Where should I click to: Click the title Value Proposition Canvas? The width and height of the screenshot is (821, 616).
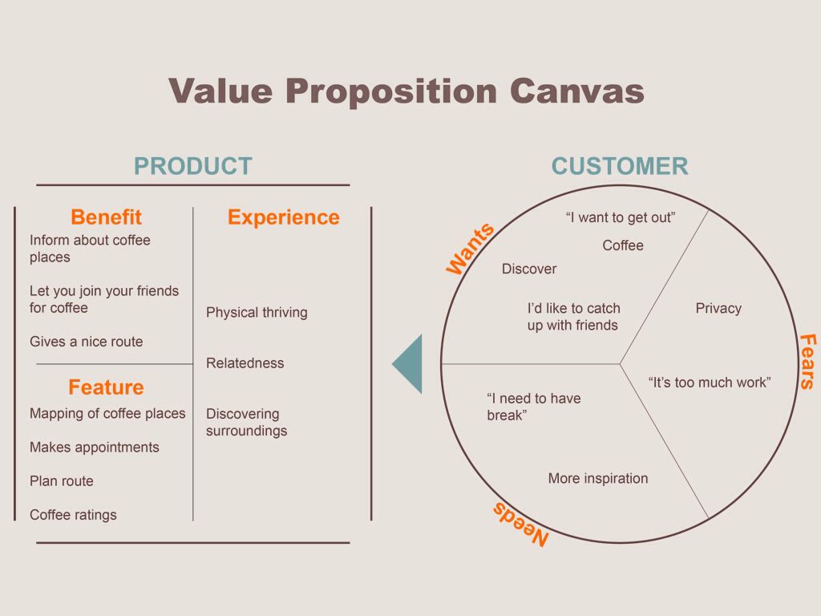pos(406,91)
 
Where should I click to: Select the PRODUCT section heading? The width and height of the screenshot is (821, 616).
pos(193,166)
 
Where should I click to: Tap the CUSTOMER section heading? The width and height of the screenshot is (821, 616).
pos(620,166)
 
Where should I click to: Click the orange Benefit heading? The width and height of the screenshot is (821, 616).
pos(107,217)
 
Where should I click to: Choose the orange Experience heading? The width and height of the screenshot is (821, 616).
pos(284,217)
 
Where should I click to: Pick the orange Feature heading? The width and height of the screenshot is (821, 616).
pos(107,387)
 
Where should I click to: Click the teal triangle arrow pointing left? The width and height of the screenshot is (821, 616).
pos(407,364)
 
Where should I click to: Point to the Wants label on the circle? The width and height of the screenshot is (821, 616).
pos(470,248)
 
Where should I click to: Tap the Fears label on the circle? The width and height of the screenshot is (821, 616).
pos(807,362)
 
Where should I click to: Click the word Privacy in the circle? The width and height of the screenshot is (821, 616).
pos(718,308)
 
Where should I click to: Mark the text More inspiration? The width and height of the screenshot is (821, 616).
pos(598,478)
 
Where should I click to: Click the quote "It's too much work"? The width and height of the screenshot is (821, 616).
pos(710,383)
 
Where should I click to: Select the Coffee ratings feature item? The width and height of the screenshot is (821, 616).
pos(73,515)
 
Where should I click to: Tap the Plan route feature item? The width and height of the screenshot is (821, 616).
pos(62,481)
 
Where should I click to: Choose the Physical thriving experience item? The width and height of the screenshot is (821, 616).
pos(257,312)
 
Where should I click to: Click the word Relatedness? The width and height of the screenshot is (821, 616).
pos(245,363)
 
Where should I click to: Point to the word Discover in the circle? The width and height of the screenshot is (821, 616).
pos(529,269)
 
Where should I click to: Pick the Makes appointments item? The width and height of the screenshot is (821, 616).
pos(95,448)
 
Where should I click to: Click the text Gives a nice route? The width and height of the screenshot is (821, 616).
pos(87,342)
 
